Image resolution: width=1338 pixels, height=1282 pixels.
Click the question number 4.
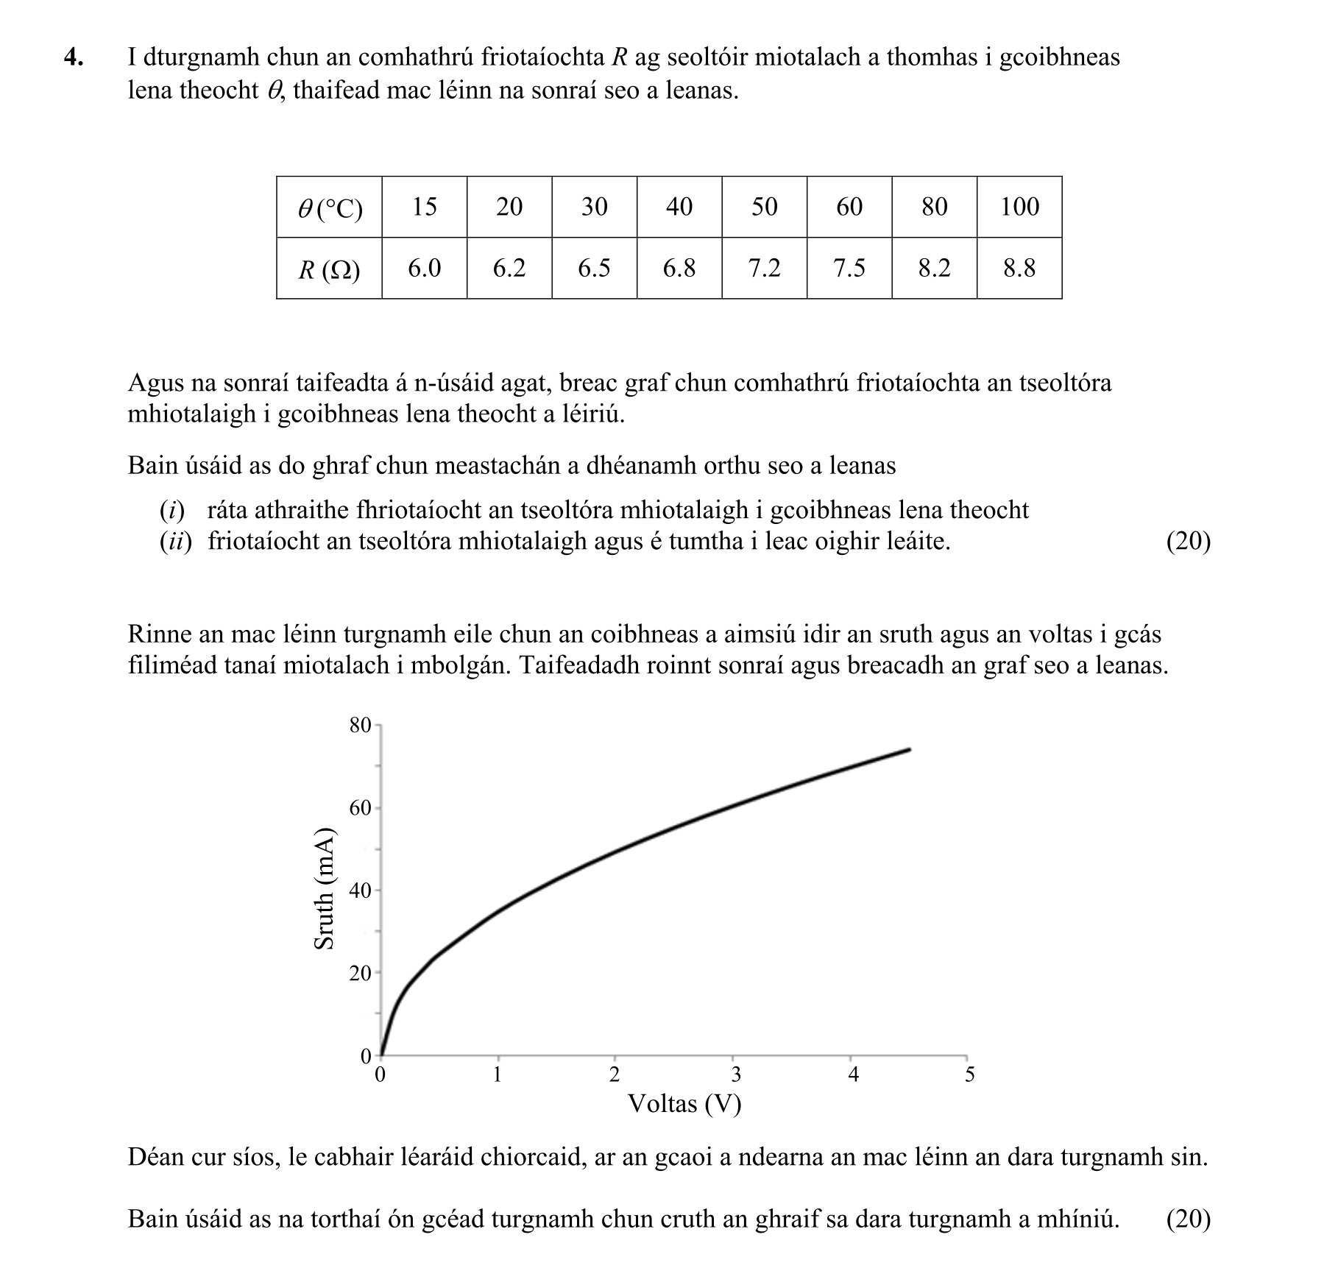point(73,57)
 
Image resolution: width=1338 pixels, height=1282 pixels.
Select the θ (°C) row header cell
point(329,208)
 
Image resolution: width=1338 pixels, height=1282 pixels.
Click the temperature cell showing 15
point(424,207)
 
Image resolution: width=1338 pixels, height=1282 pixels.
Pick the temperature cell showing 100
point(1019,207)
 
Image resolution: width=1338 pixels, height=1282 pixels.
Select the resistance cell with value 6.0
point(424,269)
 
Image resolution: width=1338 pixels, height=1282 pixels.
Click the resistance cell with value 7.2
point(764,269)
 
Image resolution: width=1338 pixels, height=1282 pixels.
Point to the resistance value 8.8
point(1019,269)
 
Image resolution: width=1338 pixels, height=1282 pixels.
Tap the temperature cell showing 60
point(849,207)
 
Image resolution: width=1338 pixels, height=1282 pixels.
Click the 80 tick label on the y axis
point(360,726)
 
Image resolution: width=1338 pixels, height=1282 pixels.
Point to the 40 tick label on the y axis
point(360,891)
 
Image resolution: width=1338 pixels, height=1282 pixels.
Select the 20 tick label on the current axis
point(360,974)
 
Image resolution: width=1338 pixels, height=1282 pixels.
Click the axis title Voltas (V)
point(684,1104)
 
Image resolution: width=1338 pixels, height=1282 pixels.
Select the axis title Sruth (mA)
point(325,889)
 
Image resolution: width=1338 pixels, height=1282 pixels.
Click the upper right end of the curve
point(910,750)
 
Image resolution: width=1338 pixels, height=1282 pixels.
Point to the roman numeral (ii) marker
point(175,542)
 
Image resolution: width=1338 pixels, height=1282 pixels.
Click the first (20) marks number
point(1188,542)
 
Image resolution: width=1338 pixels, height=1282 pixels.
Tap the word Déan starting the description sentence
point(156,1158)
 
